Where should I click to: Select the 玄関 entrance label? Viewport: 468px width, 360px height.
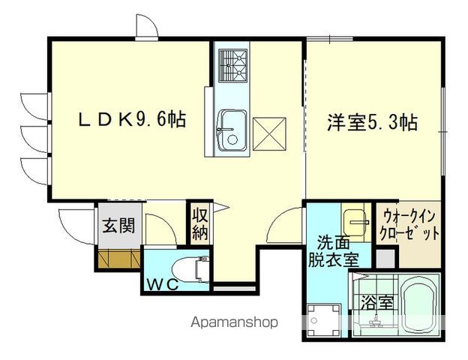[118, 225]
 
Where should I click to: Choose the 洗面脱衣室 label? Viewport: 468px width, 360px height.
[333, 252]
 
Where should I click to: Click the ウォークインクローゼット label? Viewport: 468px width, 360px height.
[411, 224]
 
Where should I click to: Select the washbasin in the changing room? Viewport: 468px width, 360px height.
[355, 221]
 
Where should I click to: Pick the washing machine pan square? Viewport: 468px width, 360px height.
[322, 318]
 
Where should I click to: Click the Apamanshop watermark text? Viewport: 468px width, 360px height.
[235, 322]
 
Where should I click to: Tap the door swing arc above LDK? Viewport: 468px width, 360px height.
[146, 26]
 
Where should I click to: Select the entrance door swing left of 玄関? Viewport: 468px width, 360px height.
[73, 223]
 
